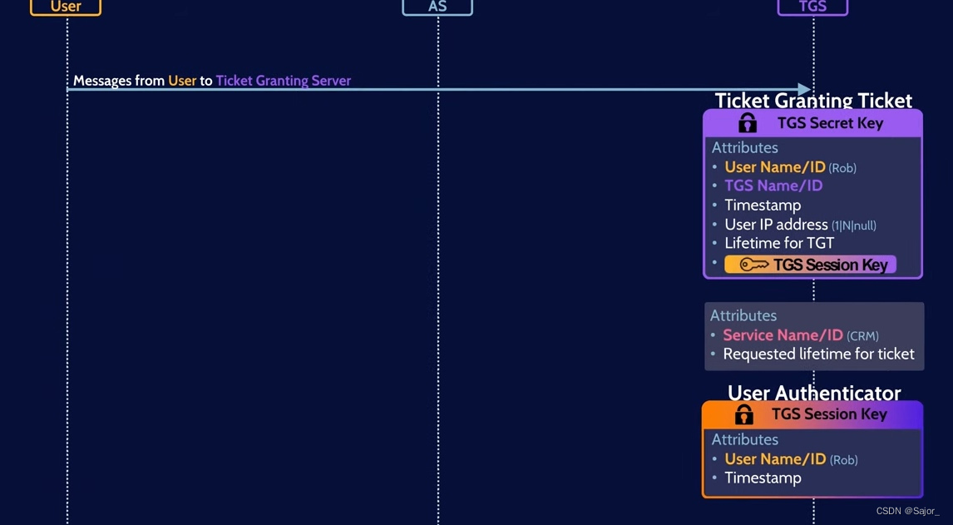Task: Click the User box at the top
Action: [x=66, y=7]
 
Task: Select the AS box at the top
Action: [x=437, y=7]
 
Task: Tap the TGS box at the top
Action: [x=812, y=7]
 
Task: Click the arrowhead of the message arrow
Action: [x=804, y=89]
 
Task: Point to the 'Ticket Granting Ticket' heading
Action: [x=813, y=101]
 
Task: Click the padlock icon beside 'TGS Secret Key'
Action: [x=748, y=123]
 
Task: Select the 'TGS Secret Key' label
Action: [x=830, y=123]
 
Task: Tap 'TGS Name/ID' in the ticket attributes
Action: [x=773, y=186]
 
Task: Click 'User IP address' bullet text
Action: [x=776, y=225]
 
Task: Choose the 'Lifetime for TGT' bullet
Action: [x=779, y=243]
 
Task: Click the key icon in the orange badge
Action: [x=753, y=265]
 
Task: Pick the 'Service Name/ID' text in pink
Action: [x=783, y=335]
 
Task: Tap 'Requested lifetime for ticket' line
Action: [x=818, y=354]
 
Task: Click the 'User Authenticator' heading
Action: [x=813, y=393]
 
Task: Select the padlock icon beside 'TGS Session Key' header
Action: [x=744, y=414]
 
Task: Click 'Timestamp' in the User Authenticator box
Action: [x=763, y=478]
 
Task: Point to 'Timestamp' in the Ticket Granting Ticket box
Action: [x=763, y=205]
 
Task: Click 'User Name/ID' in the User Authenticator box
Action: [x=775, y=459]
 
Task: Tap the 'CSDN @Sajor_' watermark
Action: [x=907, y=511]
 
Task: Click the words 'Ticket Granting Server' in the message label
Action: [x=283, y=81]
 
